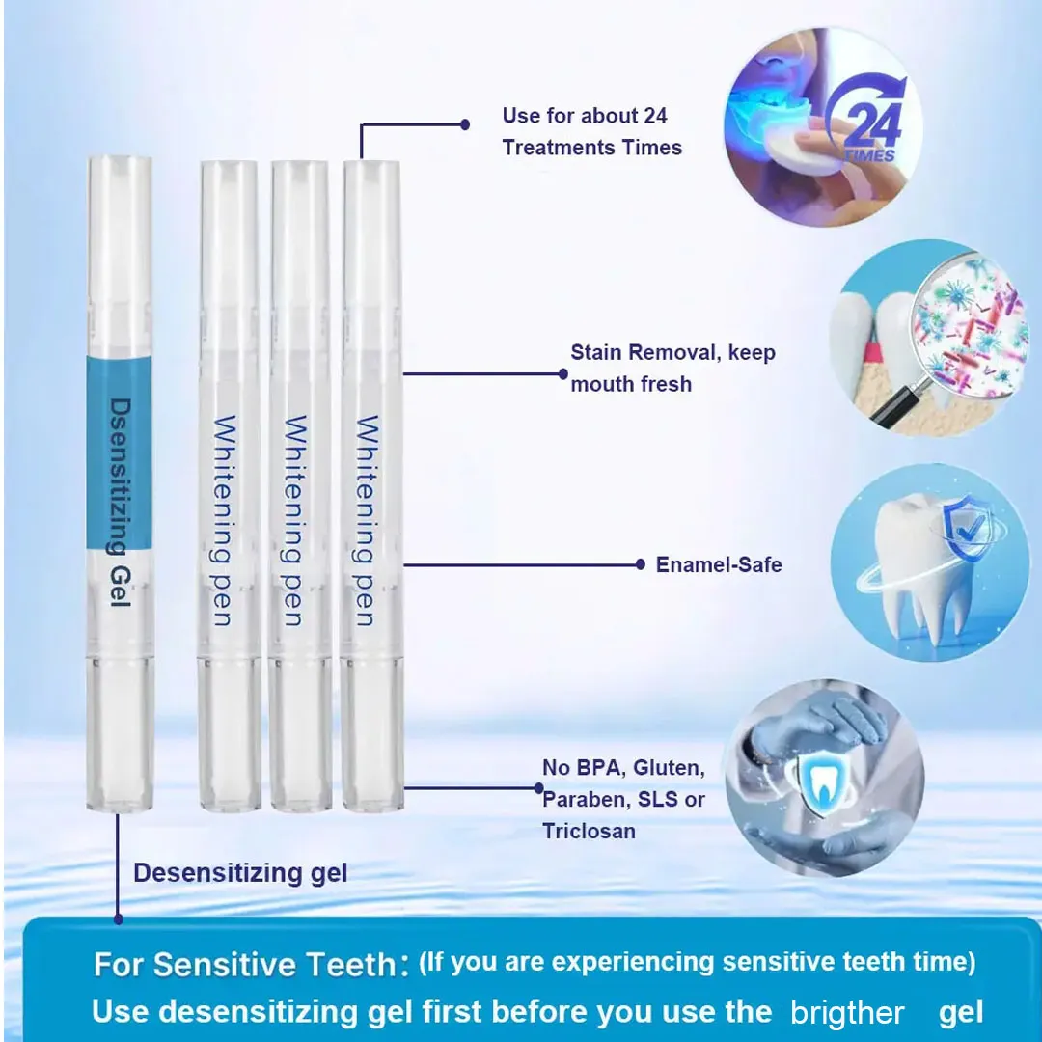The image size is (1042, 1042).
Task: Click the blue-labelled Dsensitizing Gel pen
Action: [120, 483]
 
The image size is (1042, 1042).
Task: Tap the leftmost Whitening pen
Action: [230, 485]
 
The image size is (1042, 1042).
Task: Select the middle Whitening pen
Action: [300, 485]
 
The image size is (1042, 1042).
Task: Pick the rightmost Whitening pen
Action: [372, 485]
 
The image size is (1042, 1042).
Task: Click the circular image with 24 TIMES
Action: [823, 126]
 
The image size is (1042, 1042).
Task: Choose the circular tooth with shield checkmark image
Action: [929, 562]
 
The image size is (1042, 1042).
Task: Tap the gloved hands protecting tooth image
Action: [824, 778]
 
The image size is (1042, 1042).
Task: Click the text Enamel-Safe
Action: [719, 564]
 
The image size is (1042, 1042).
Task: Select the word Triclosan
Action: [589, 831]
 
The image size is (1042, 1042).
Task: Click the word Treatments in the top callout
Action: [559, 147]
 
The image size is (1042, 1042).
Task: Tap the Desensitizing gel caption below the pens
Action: [240, 873]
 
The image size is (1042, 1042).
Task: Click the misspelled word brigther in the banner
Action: [847, 1013]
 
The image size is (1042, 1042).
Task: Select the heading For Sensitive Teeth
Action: [245, 964]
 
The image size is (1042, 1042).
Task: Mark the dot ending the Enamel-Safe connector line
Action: [640, 564]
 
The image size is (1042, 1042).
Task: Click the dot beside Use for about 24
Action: [465, 124]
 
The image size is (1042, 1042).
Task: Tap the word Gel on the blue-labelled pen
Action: [120, 587]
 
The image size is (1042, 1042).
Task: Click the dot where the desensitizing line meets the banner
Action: [119, 919]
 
